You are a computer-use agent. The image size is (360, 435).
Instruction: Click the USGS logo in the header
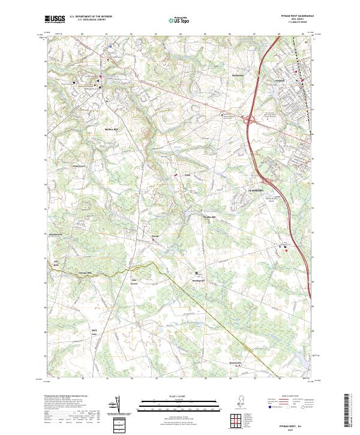pos(55,19)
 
